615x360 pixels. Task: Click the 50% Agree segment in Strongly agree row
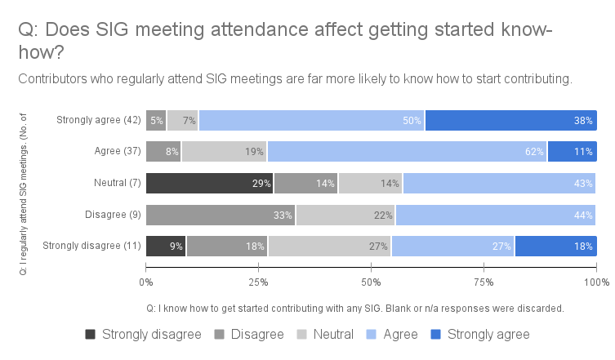(311, 121)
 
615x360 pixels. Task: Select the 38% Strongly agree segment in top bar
(511, 121)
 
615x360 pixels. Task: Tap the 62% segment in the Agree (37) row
(407, 152)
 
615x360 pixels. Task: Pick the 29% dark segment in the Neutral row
(210, 183)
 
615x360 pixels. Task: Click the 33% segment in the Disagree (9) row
(221, 215)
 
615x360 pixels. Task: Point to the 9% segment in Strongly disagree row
(166, 246)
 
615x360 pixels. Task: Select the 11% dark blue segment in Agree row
(572, 152)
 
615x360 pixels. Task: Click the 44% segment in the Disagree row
(496, 215)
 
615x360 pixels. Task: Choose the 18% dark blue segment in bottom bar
(555, 246)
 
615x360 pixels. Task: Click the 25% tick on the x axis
(258, 282)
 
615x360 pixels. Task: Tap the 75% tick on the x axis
(484, 282)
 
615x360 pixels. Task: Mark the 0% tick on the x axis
(146, 282)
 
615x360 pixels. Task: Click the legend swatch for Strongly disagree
(91, 335)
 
